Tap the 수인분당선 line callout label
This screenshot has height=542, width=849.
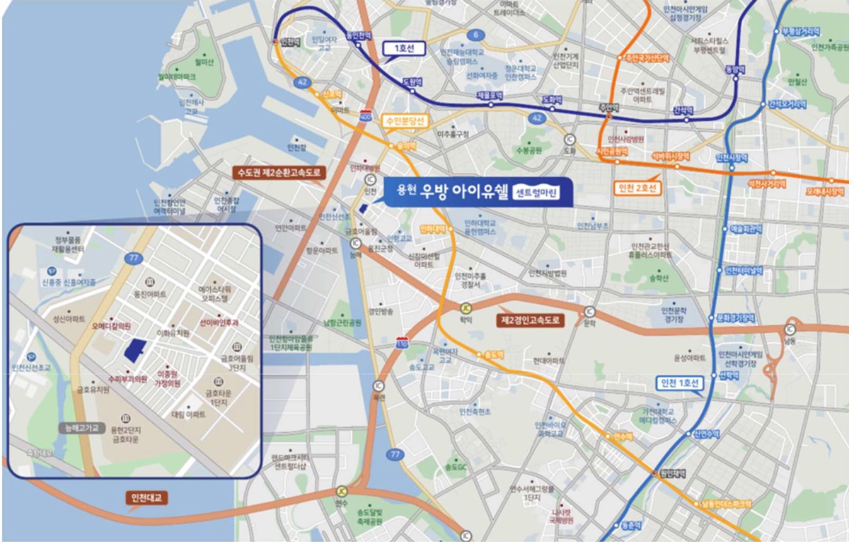[403, 120]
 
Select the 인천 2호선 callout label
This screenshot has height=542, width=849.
[638, 188]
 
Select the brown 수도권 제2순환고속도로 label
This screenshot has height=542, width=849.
[277, 172]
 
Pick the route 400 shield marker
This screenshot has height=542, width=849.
[366, 115]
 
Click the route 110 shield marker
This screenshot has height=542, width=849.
[402, 342]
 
